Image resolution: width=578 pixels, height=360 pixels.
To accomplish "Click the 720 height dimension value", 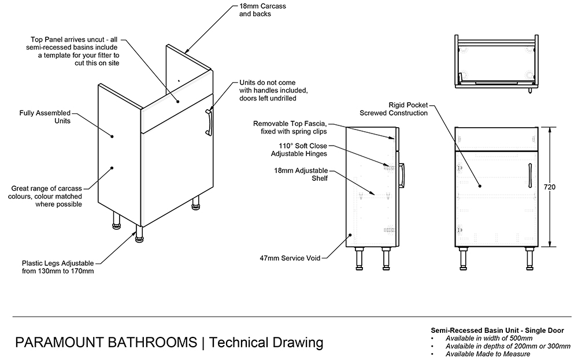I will (x=550, y=187).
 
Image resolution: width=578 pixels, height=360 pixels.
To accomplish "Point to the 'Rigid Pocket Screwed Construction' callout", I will (x=394, y=109).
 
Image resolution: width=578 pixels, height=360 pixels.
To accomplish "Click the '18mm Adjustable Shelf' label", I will (x=301, y=175).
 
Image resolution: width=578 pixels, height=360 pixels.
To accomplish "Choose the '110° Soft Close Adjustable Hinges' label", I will (x=299, y=150).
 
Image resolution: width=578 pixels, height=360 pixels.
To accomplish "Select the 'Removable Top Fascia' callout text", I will (x=290, y=127).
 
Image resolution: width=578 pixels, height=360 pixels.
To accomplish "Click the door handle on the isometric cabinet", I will (x=209, y=121).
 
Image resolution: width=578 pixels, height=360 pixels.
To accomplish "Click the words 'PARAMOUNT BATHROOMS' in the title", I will (x=106, y=342).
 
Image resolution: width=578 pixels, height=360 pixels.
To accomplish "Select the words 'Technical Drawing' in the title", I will (x=266, y=342).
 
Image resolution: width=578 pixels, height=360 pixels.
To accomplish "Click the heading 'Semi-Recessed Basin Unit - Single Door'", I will (x=497, y=330).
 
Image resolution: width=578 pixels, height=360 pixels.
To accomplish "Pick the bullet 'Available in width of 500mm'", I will (x=489, y=337).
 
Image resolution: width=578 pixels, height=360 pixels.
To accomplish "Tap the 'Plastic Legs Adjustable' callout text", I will (x=57, y=266).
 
